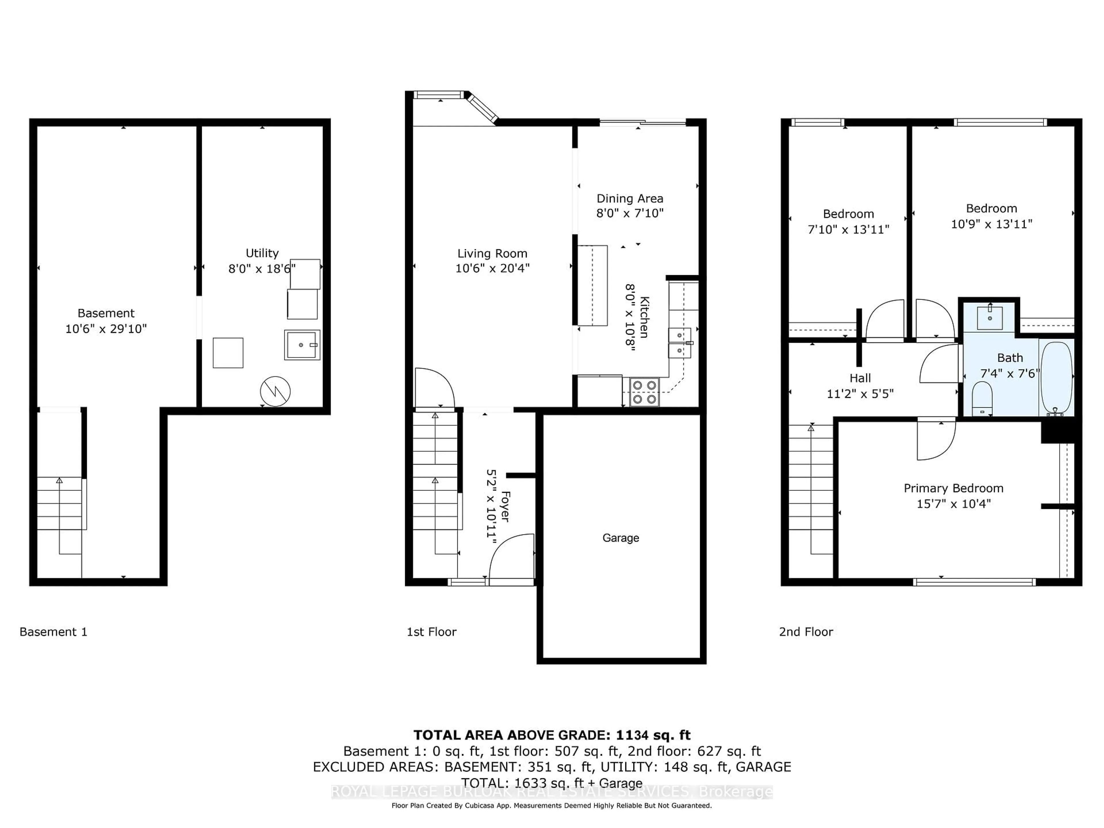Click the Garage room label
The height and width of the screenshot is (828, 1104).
[620, 538]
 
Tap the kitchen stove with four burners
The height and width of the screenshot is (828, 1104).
[644, 392]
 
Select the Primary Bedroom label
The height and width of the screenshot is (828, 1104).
[953, 488]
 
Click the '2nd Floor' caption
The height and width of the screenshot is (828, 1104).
[806, 632]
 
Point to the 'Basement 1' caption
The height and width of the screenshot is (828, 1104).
[53, 632]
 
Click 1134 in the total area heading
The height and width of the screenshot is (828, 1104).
[632, 735]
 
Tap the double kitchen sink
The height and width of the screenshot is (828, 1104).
[680, 343]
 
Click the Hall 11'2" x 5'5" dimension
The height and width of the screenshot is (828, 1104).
[860, 394]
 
